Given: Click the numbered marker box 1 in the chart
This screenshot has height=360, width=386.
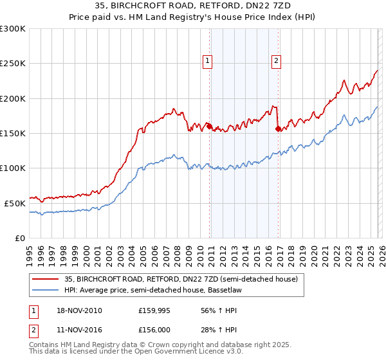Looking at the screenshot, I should pos(208,62).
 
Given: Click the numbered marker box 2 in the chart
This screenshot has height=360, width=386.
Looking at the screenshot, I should pos(276,62).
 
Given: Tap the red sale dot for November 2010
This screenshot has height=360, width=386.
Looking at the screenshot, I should pos(209,127).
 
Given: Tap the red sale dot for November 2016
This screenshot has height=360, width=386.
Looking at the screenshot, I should pos(277,129).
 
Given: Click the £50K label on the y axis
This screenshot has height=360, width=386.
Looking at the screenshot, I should pos(15,203).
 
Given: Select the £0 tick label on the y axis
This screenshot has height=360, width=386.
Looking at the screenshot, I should pos(21,238).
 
